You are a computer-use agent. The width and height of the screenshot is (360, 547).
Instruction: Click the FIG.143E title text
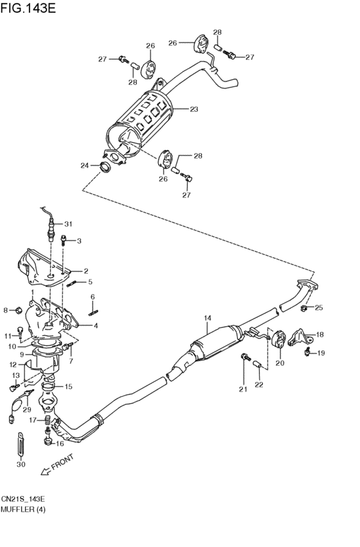28,8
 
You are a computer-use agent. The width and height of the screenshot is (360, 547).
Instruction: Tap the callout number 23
194,109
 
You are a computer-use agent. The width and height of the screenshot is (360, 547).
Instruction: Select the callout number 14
208,318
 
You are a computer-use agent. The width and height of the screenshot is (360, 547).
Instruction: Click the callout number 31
68,224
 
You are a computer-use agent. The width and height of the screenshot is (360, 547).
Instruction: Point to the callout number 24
85,165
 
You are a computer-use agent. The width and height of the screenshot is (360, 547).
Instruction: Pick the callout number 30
21,464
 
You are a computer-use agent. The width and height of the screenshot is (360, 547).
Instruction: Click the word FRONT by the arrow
62,462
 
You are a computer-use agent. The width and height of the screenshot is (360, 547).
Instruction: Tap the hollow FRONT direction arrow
46,472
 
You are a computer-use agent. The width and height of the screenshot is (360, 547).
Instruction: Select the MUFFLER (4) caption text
23,509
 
